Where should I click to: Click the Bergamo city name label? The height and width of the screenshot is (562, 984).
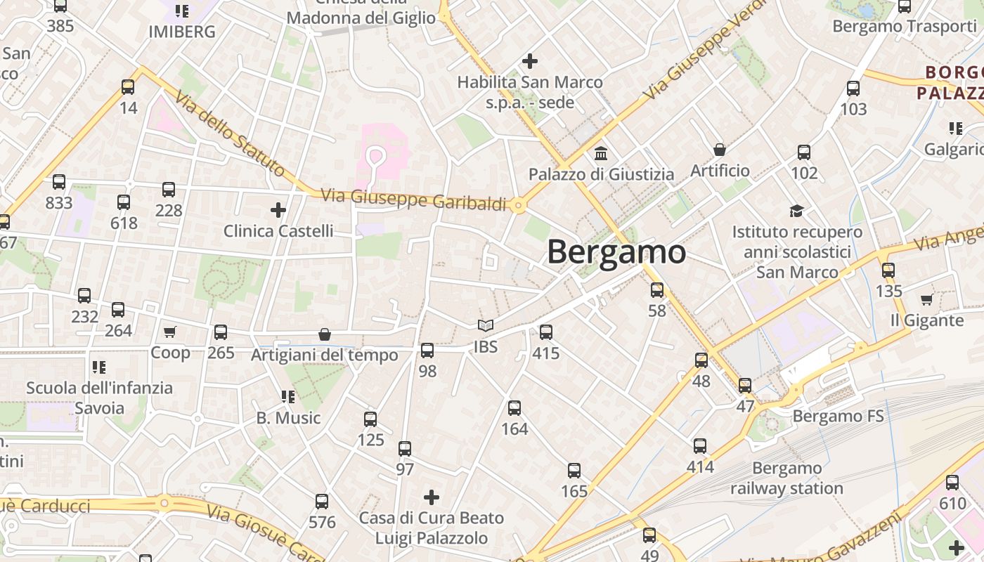pos(616,251)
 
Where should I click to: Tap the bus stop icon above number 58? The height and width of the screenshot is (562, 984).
pos(657,289)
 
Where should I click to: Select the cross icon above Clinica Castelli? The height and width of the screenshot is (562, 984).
pos(278,209)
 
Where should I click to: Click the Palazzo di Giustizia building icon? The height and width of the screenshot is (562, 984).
pos(601,153)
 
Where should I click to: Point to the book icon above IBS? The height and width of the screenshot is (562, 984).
pos(485,325)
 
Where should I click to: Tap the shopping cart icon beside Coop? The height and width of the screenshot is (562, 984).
pos(169,332)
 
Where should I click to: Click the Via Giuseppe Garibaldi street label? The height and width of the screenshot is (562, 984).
pos(413,200)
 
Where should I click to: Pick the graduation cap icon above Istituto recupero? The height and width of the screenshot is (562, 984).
pos(796,211)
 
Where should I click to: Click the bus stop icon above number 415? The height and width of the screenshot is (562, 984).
pos(546,332)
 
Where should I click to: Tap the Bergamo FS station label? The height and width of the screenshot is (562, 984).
pos(838,416)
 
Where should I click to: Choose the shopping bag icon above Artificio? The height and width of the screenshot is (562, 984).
pos(720,150)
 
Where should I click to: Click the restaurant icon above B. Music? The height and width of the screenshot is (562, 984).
pos(287,397)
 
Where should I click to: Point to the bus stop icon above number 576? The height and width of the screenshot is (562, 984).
pos(322,502)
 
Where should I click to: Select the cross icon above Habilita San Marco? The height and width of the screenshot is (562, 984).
pos(530,61)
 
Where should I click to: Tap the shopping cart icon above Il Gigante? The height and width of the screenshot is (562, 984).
pos(927,299)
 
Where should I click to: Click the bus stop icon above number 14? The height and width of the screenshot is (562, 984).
pos(128,87)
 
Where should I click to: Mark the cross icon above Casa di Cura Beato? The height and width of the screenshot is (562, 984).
pos(432,497)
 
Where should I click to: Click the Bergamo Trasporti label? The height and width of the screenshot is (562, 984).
pos(904,27)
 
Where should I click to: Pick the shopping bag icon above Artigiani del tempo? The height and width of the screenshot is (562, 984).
pos(325,334)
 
